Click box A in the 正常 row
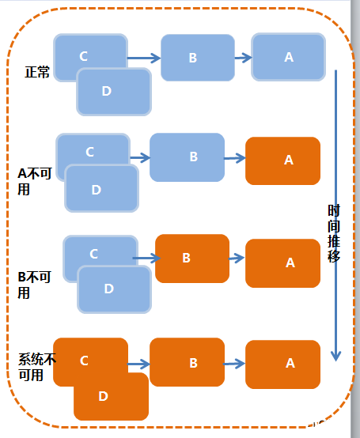coord(288,57)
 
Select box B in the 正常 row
coord(197,58)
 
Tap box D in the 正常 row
coord(113,92)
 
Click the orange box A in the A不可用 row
coord(282,160)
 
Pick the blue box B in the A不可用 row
coord(187,157)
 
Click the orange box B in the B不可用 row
coord(191,258)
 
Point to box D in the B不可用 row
coord(114,289)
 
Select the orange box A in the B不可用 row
coord(282,262)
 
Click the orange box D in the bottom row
coord(111,396)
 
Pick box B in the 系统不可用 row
coord(187,362)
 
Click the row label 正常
coord(37,73)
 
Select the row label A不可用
coord(33,181)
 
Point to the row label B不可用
coord(33,285)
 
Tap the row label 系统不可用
coord(36,367)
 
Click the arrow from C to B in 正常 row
coord(143,58)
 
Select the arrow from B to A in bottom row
coord(234,364)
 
